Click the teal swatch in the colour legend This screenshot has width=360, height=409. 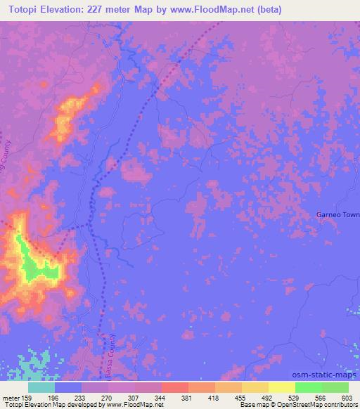point(41,387)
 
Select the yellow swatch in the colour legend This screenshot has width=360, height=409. point(281,387)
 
